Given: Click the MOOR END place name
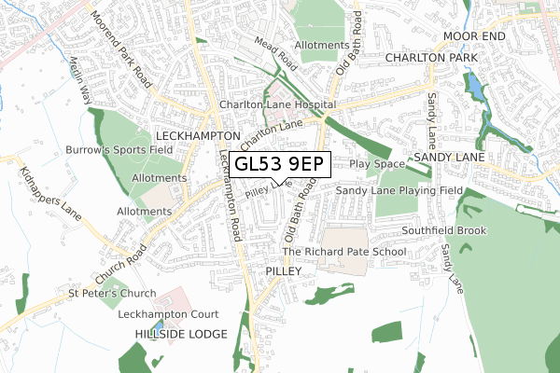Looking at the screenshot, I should [x=473, y=36].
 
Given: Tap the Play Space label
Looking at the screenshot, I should [x=374, y=164].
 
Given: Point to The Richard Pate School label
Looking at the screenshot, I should [x=343, y=252].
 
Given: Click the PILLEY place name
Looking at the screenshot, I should [x=285, y=269].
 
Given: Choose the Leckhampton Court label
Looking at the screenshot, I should [x=168, y=314].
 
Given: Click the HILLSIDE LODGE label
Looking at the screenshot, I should [x=180, y=334].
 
